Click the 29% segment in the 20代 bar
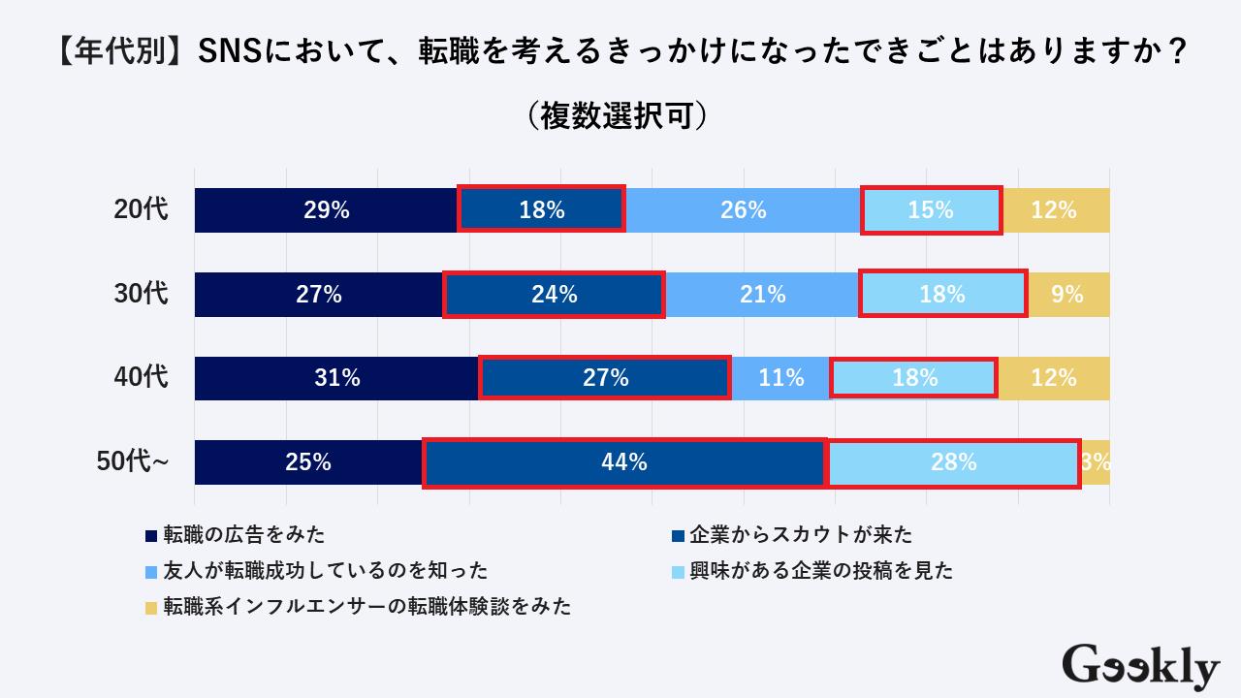click(x=326, y=210)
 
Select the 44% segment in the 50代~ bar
click(x=624, y=462)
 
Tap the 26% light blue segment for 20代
click(x=744, y=210)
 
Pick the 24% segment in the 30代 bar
click(x=554, y=295)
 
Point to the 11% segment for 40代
click(x=780, y=378)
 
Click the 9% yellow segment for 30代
click(x=1067, y=295)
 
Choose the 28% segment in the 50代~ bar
click(x=953, y=462)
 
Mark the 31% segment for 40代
click(x=336, y=378)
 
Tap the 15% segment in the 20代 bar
click(x=931, y=210)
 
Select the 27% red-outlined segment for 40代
click(x=605, y=378)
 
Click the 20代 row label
click(x=141, y=210)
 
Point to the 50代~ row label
click(x=134, y=462)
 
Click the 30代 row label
click(x=141, y=295)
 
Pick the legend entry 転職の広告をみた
click(x=242, y=534)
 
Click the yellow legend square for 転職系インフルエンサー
click(x=151, y=608)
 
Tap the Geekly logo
click(x=1140, y=667)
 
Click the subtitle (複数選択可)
click(x=620, y=115)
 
